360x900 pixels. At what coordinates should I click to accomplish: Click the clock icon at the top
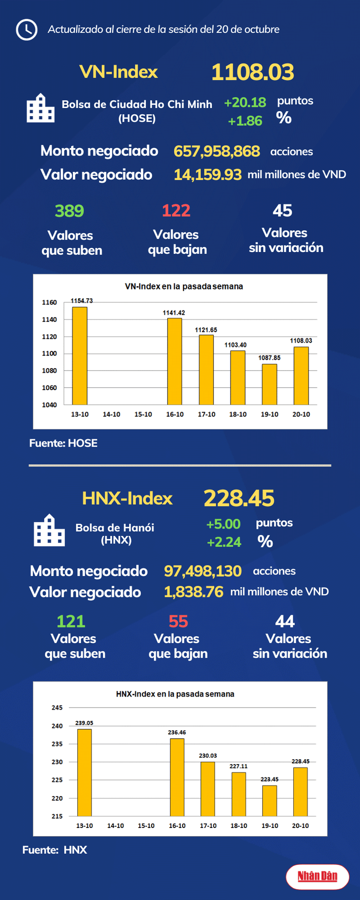26,30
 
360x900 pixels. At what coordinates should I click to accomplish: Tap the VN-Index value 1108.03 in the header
252,72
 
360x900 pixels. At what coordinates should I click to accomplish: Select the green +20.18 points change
245,103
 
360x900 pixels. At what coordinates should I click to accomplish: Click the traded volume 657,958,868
216,151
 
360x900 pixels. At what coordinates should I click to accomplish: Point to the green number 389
69,211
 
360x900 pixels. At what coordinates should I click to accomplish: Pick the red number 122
176,211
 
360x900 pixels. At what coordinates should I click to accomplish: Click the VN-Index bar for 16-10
175,361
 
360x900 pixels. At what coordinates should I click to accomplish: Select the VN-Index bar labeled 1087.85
269,384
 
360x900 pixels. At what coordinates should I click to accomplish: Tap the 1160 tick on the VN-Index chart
49,303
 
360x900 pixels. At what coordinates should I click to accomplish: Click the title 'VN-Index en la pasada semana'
184,287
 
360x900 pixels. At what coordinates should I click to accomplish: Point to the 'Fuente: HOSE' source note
63,443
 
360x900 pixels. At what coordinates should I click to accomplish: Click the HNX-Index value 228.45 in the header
239,498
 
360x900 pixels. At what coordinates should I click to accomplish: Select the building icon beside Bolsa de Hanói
49,530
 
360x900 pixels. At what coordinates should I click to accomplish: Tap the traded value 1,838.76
194,592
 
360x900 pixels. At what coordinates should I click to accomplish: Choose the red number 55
178,622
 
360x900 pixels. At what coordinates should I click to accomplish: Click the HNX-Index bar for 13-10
84,772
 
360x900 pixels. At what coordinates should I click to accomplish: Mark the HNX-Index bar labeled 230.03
208,789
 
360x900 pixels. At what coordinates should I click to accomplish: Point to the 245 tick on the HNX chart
57,708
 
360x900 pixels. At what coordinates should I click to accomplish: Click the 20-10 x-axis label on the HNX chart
300,826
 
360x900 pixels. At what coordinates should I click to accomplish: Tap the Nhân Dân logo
318,876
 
